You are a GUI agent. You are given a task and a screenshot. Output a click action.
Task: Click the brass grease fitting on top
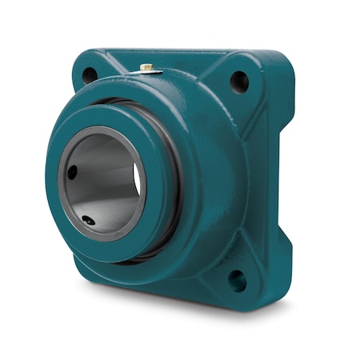(147, 69)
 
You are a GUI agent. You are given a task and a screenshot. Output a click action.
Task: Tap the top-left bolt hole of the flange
(89, 74)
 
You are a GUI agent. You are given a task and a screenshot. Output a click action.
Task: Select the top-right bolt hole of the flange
(238, 81)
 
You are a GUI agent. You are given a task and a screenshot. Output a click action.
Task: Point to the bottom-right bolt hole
(237, 280)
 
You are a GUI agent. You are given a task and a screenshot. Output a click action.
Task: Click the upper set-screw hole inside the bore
(73, 171)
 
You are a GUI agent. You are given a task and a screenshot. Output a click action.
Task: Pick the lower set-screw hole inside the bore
(87, 221)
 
